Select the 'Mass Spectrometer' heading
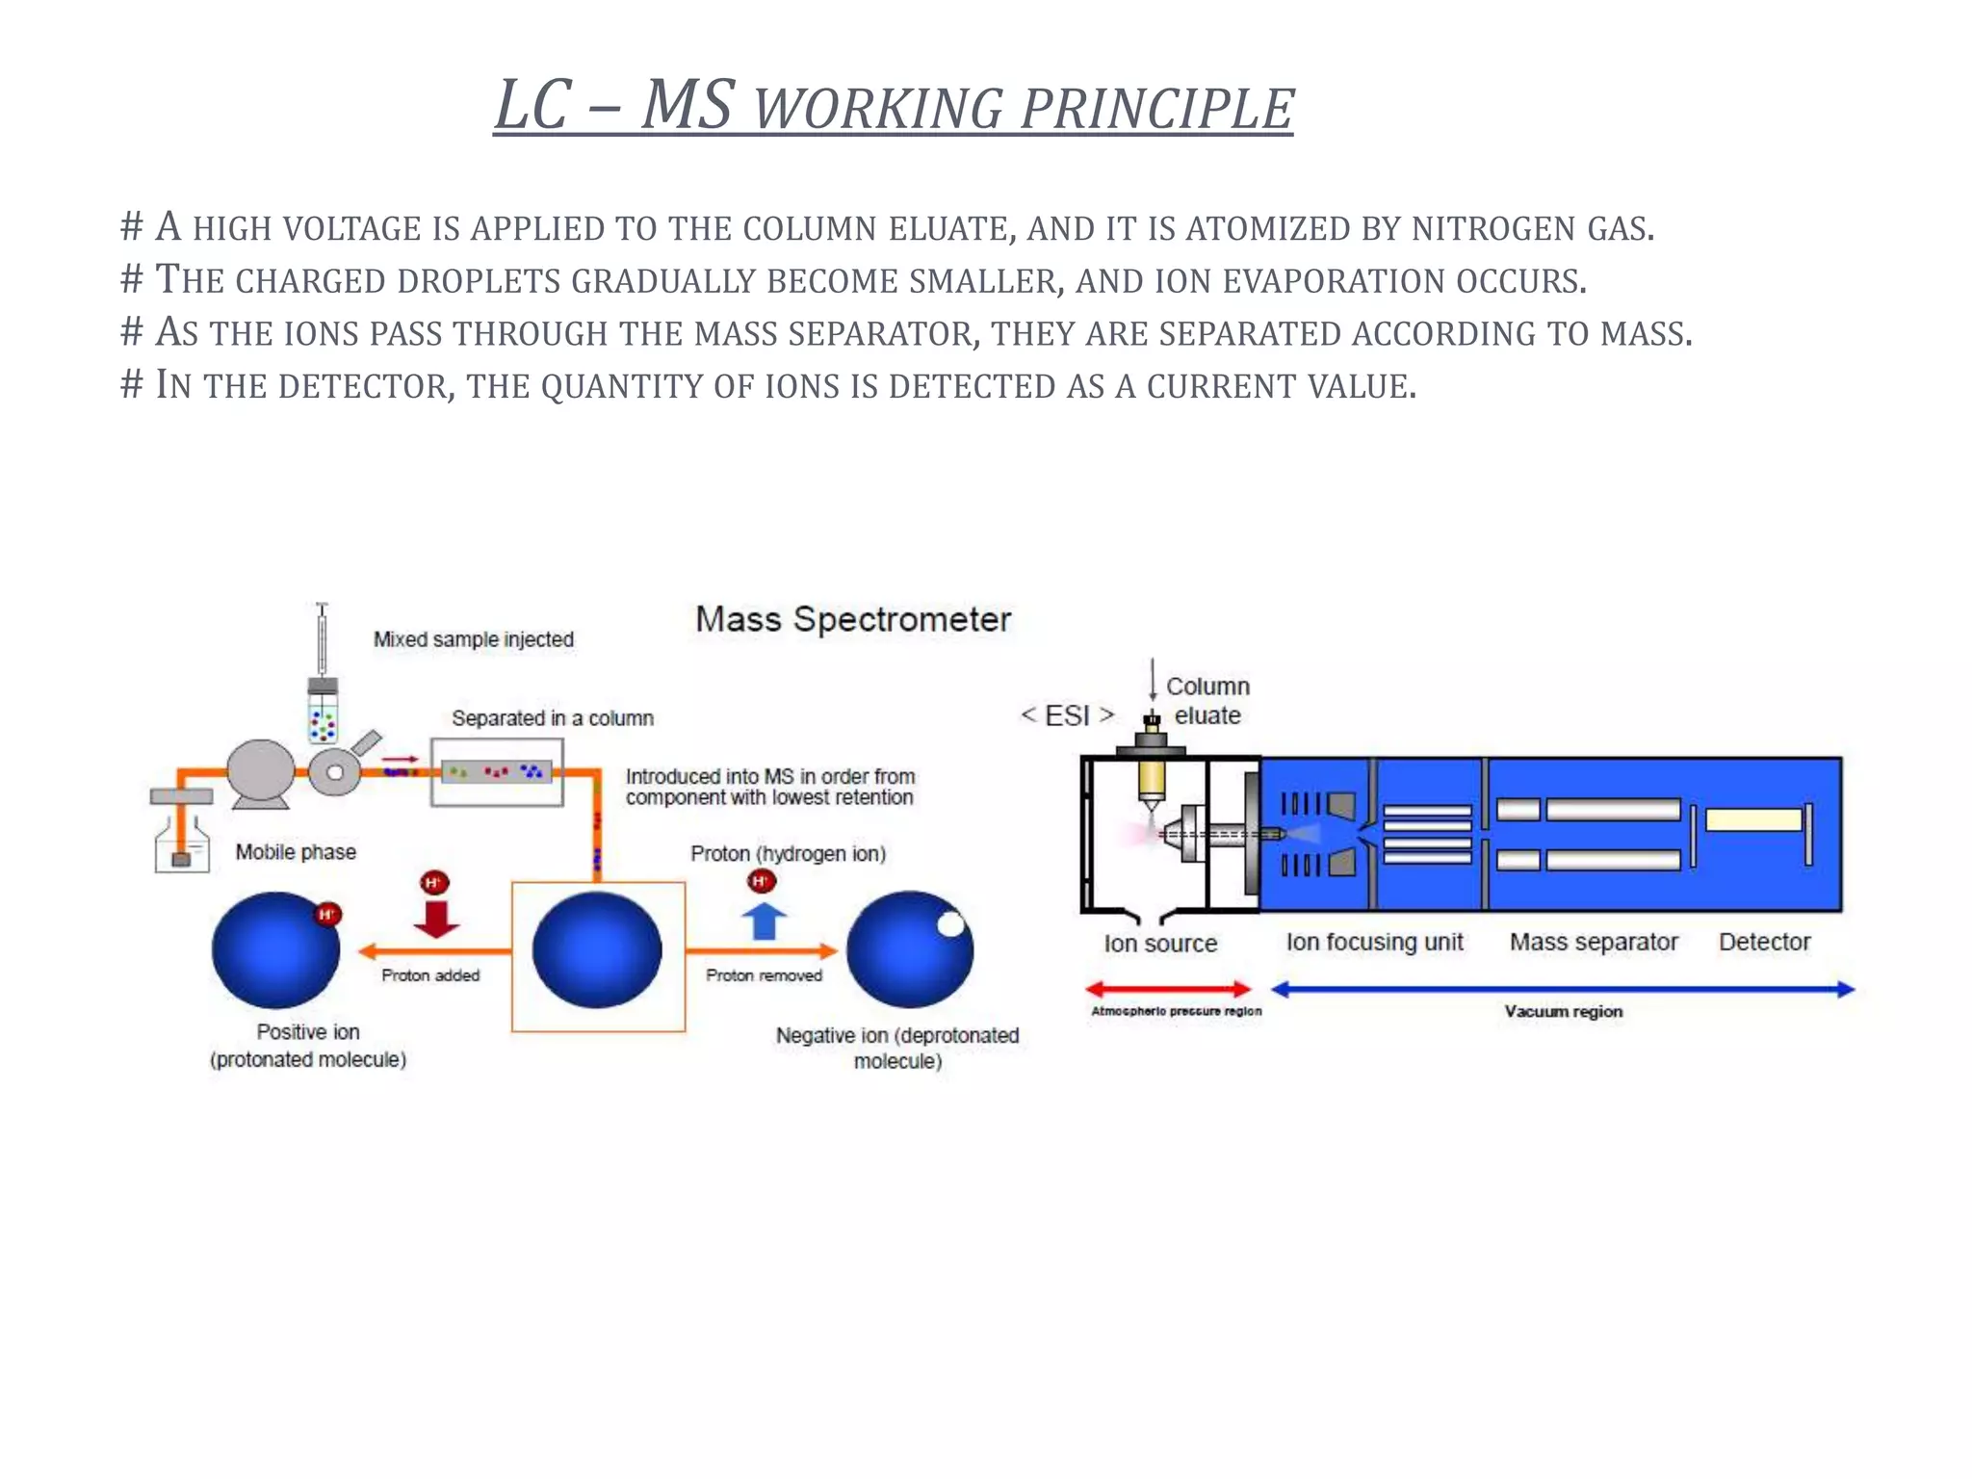point(853,619)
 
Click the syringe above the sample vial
point(322,639)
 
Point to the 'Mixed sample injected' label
point(473,639)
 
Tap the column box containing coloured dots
point(497,772)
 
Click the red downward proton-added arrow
point(436,919)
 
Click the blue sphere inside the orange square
point(597,950)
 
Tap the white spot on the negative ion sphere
point(950,924)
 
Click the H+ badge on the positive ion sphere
point(328,915)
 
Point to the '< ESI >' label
point(1067,715)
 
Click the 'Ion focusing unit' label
point(1374,942)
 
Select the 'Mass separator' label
point(1593,942)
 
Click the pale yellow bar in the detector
point(1752,819)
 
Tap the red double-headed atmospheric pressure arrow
point(1167,989)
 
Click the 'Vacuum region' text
point(1563,1011)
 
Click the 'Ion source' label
point(1160,944)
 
